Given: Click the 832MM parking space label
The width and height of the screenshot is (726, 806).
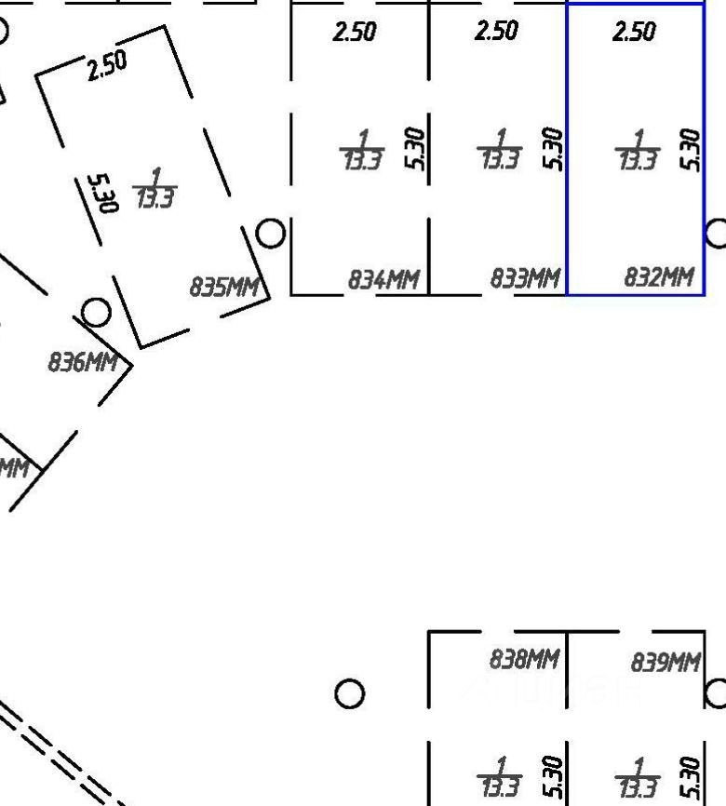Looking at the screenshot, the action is pyautogui.click(x=659, y=276).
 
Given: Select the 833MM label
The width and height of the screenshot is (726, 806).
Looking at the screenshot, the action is pyautogui.click(x=526, y=278).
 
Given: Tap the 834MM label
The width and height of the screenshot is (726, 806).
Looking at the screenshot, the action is pyautogui.click(x=383, y=279).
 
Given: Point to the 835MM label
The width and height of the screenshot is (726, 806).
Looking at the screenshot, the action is pyautogui.click(x=224, y=286).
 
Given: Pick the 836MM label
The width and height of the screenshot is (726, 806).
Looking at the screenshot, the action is pyautogui.click(x=82, y=361).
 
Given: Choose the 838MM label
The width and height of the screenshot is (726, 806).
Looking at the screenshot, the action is pyautogui.click(x=524, y=660).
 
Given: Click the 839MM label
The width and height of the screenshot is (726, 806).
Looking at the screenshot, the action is pyautogui.click(x=665, y=663).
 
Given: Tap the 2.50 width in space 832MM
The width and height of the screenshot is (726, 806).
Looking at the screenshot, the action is pyautogui.click(x=634, y=32).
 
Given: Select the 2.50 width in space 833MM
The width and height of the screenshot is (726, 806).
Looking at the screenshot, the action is pyautogui.click(x=496, y=31).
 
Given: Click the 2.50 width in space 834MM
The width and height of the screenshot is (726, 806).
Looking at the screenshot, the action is pyautogui.click(x=355, y=32).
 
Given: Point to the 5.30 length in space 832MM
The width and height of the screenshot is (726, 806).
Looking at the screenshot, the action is pyautogui.click(x=691, y=149).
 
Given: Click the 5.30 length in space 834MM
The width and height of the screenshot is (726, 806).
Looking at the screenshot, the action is pyautogui.click(x=415, y=149).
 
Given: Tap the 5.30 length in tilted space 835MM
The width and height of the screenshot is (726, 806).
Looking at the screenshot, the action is pyautogui.click(x=106, y=193).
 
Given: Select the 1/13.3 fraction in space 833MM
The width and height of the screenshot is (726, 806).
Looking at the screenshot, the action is pyautogui.click(x=499, y=151).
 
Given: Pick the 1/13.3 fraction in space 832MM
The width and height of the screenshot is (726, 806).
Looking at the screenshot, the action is pyautogui.click(x=638, y=151).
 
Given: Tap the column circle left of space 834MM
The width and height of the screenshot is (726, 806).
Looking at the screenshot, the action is pyautogui.click(x=271, y=233).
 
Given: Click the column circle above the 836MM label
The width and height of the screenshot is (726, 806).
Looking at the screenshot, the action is pyautogui.click(x=96, y=313).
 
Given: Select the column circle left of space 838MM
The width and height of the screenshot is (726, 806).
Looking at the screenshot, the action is pyautogui.click(x=349, y=693).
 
